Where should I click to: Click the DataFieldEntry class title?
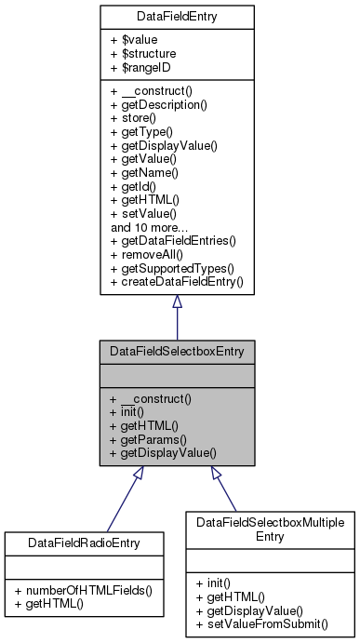click(177, 15)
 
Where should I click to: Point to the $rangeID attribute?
click(145, 68)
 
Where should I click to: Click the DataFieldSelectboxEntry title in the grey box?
click(177, 352)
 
